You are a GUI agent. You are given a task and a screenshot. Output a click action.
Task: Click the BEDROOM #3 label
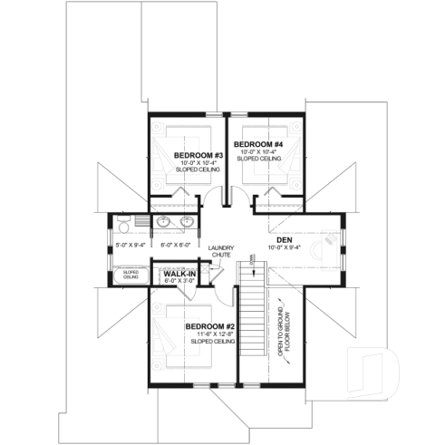(x=192, y=155)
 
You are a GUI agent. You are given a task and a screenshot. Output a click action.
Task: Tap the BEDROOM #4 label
(x=258, y=144)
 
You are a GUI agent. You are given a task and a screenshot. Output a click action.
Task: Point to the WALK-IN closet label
(x=179, y=273)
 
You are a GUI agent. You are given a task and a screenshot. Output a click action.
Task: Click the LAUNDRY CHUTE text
(x=220, y=252)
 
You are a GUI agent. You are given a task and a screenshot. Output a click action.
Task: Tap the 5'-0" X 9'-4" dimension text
(x=131, y=245)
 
